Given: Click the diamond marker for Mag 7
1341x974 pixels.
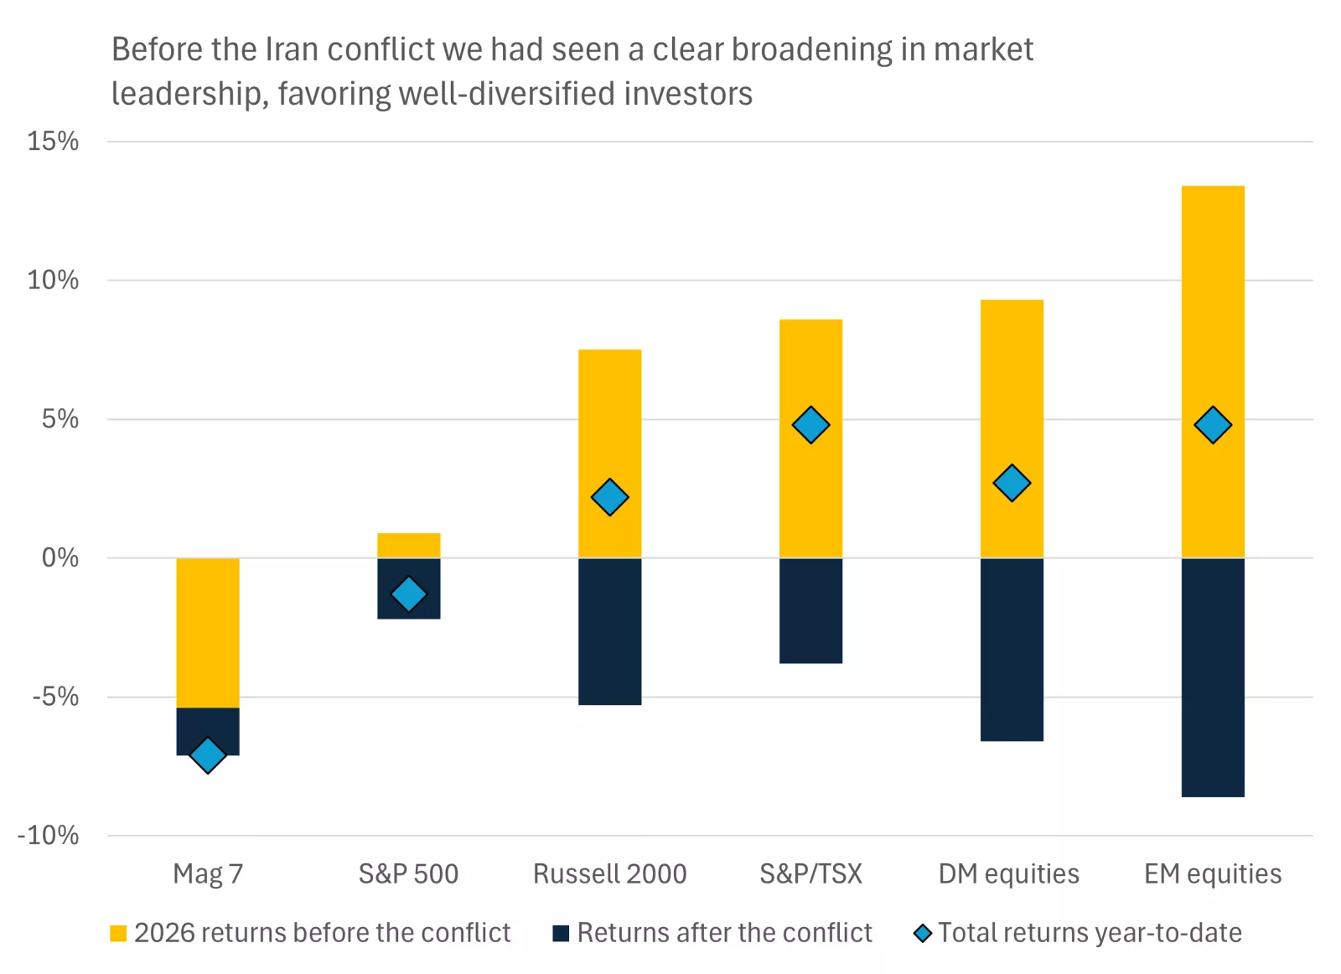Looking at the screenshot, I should coord(208,755).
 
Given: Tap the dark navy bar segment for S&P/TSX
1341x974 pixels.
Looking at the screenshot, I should coord(810,610).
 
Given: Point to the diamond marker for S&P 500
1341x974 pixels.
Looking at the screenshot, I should coord(409,594).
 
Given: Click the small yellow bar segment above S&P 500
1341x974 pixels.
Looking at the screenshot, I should coord(409,545).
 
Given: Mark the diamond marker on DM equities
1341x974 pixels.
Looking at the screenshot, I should coord(1012,483).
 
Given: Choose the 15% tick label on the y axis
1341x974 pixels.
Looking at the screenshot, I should coord(53,141).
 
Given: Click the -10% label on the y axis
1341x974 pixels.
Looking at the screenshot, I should coord(49,835).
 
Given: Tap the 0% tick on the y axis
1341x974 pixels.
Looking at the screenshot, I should coord(60,557).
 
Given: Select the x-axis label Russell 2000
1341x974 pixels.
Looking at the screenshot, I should coord(609,873).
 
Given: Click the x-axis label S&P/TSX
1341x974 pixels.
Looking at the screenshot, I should coord(810,873).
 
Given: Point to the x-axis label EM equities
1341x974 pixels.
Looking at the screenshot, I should coord(1212,873).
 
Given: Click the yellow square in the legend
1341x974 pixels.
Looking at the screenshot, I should coord(118,933).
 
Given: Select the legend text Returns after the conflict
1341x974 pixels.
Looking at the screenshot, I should coord(724,933).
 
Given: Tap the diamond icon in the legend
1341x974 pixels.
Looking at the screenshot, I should coord(923,933).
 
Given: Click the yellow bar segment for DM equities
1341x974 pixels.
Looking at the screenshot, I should coord(1012,377).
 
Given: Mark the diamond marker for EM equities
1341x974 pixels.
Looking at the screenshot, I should coord(1213,425).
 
